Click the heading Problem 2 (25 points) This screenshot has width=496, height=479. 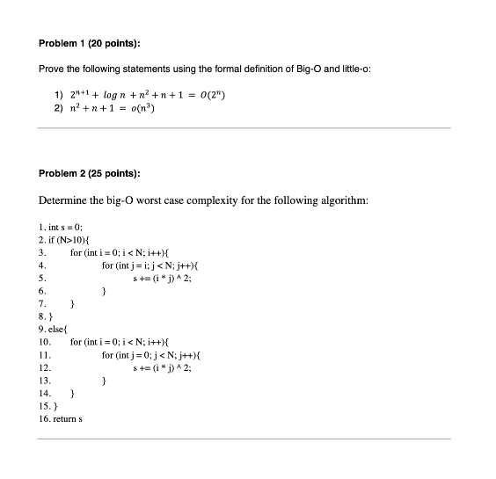click(x=91, y=174)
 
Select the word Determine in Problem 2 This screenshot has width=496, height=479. click(x=64, y=200)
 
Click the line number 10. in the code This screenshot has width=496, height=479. click(x=44, y=339)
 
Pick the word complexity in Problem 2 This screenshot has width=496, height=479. click(x=243, y=200)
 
